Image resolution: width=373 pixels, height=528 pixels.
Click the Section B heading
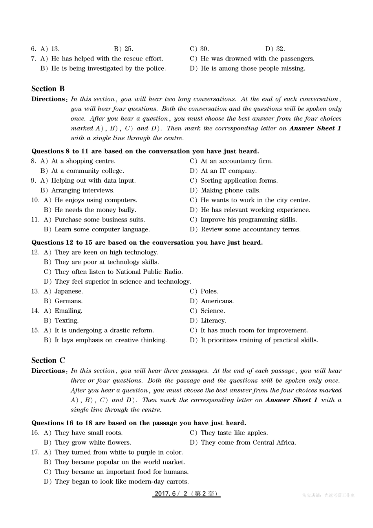click(x=48, y=89)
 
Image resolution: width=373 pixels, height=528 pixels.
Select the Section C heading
click(x=48, y=361)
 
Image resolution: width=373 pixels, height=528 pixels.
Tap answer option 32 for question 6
click(x=275, y=49)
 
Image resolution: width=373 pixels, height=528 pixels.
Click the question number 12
click(x=35, y=253)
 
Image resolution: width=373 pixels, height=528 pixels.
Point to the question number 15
click(x=35, y=331)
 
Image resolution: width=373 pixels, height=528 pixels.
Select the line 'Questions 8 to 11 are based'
click(x=145, y=152)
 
